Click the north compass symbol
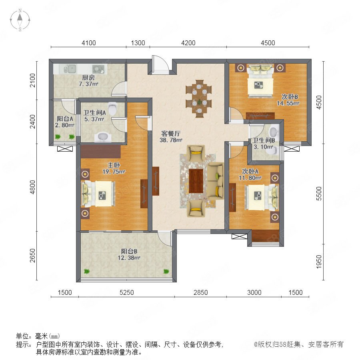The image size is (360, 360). [20, 20]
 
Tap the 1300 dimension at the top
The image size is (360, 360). [138, 43]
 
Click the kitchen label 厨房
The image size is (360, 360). [88, 78]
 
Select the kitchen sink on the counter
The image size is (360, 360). [70, 69]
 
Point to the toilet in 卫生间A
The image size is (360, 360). [112, 108]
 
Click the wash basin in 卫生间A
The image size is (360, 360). [103, 137]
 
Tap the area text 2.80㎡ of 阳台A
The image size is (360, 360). [64, 125]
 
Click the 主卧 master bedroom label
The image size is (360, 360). [114, 165]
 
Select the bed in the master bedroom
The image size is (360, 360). [99, 194]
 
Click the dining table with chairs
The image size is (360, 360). [199, 99]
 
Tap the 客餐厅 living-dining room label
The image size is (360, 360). [171, 133]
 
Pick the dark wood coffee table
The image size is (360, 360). [196, 181]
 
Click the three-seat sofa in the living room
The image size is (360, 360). [216, 181]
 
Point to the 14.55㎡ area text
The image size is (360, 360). [288, 103]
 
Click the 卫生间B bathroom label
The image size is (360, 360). [264, 140]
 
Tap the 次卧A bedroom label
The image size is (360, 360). [250, 171]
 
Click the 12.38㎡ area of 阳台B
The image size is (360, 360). [129, 258]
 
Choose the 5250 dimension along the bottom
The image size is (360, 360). [127, 292]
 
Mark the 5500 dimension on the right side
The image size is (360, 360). [319, 194]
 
